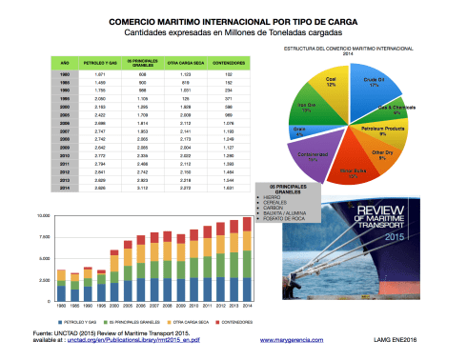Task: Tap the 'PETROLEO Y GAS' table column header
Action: (x=101, y=63)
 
